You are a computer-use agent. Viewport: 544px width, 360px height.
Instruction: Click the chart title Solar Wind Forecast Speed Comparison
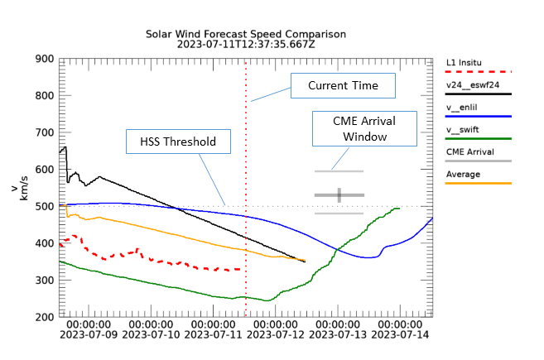245,34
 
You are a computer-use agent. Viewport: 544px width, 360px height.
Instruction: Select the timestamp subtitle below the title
245,45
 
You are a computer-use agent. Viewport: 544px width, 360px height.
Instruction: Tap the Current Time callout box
343,85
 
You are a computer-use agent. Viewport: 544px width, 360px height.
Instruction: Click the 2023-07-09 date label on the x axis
89,336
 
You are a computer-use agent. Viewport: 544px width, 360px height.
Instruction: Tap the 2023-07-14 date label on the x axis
401,336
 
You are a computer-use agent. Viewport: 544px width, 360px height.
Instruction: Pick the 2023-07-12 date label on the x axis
277,336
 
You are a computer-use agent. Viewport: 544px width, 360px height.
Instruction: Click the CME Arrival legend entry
469,152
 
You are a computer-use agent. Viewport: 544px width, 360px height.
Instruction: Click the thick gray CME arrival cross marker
339,195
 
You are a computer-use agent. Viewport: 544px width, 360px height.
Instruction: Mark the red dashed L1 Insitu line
166,262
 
